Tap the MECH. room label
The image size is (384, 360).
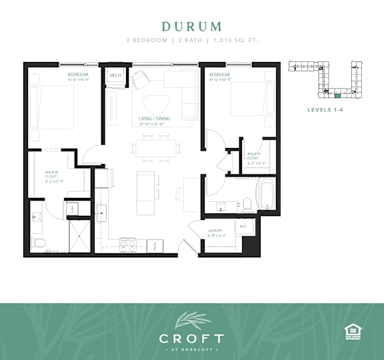coord(115,76)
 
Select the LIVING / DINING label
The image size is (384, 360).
coord(152,121)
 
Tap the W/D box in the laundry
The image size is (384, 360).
coord(243,226)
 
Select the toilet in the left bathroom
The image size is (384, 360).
coord(38,243)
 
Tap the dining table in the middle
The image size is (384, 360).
coord(157,148)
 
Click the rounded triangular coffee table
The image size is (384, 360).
coord(158,104)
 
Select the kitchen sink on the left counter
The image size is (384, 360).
coord(103,213)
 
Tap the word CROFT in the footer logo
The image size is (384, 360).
coord(191,339)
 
